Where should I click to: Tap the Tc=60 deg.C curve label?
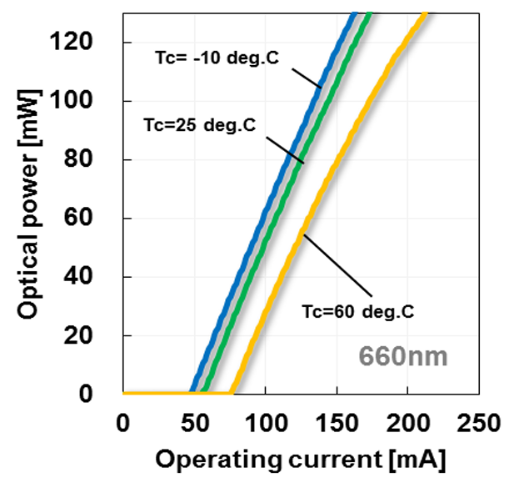point(357,312)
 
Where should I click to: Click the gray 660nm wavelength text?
point(403,357)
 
